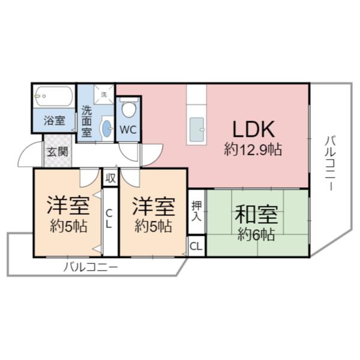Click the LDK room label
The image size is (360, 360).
253,129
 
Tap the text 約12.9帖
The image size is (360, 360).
253,149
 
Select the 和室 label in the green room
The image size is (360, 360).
256,214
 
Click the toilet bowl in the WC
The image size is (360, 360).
128,109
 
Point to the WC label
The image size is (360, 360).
128,130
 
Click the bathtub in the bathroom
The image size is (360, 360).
53,96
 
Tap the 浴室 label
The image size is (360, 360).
55,121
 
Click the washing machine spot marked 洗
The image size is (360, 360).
104,94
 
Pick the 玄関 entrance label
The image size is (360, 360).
58,152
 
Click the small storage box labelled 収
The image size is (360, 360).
110,178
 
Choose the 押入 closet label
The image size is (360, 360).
197,211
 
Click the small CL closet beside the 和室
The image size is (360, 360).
197,246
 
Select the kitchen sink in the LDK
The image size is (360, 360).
197,129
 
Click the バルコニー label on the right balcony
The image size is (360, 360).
330,163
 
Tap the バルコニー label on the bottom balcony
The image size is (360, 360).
91,267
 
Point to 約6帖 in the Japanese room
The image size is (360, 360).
256,234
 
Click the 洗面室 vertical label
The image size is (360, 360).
87,121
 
